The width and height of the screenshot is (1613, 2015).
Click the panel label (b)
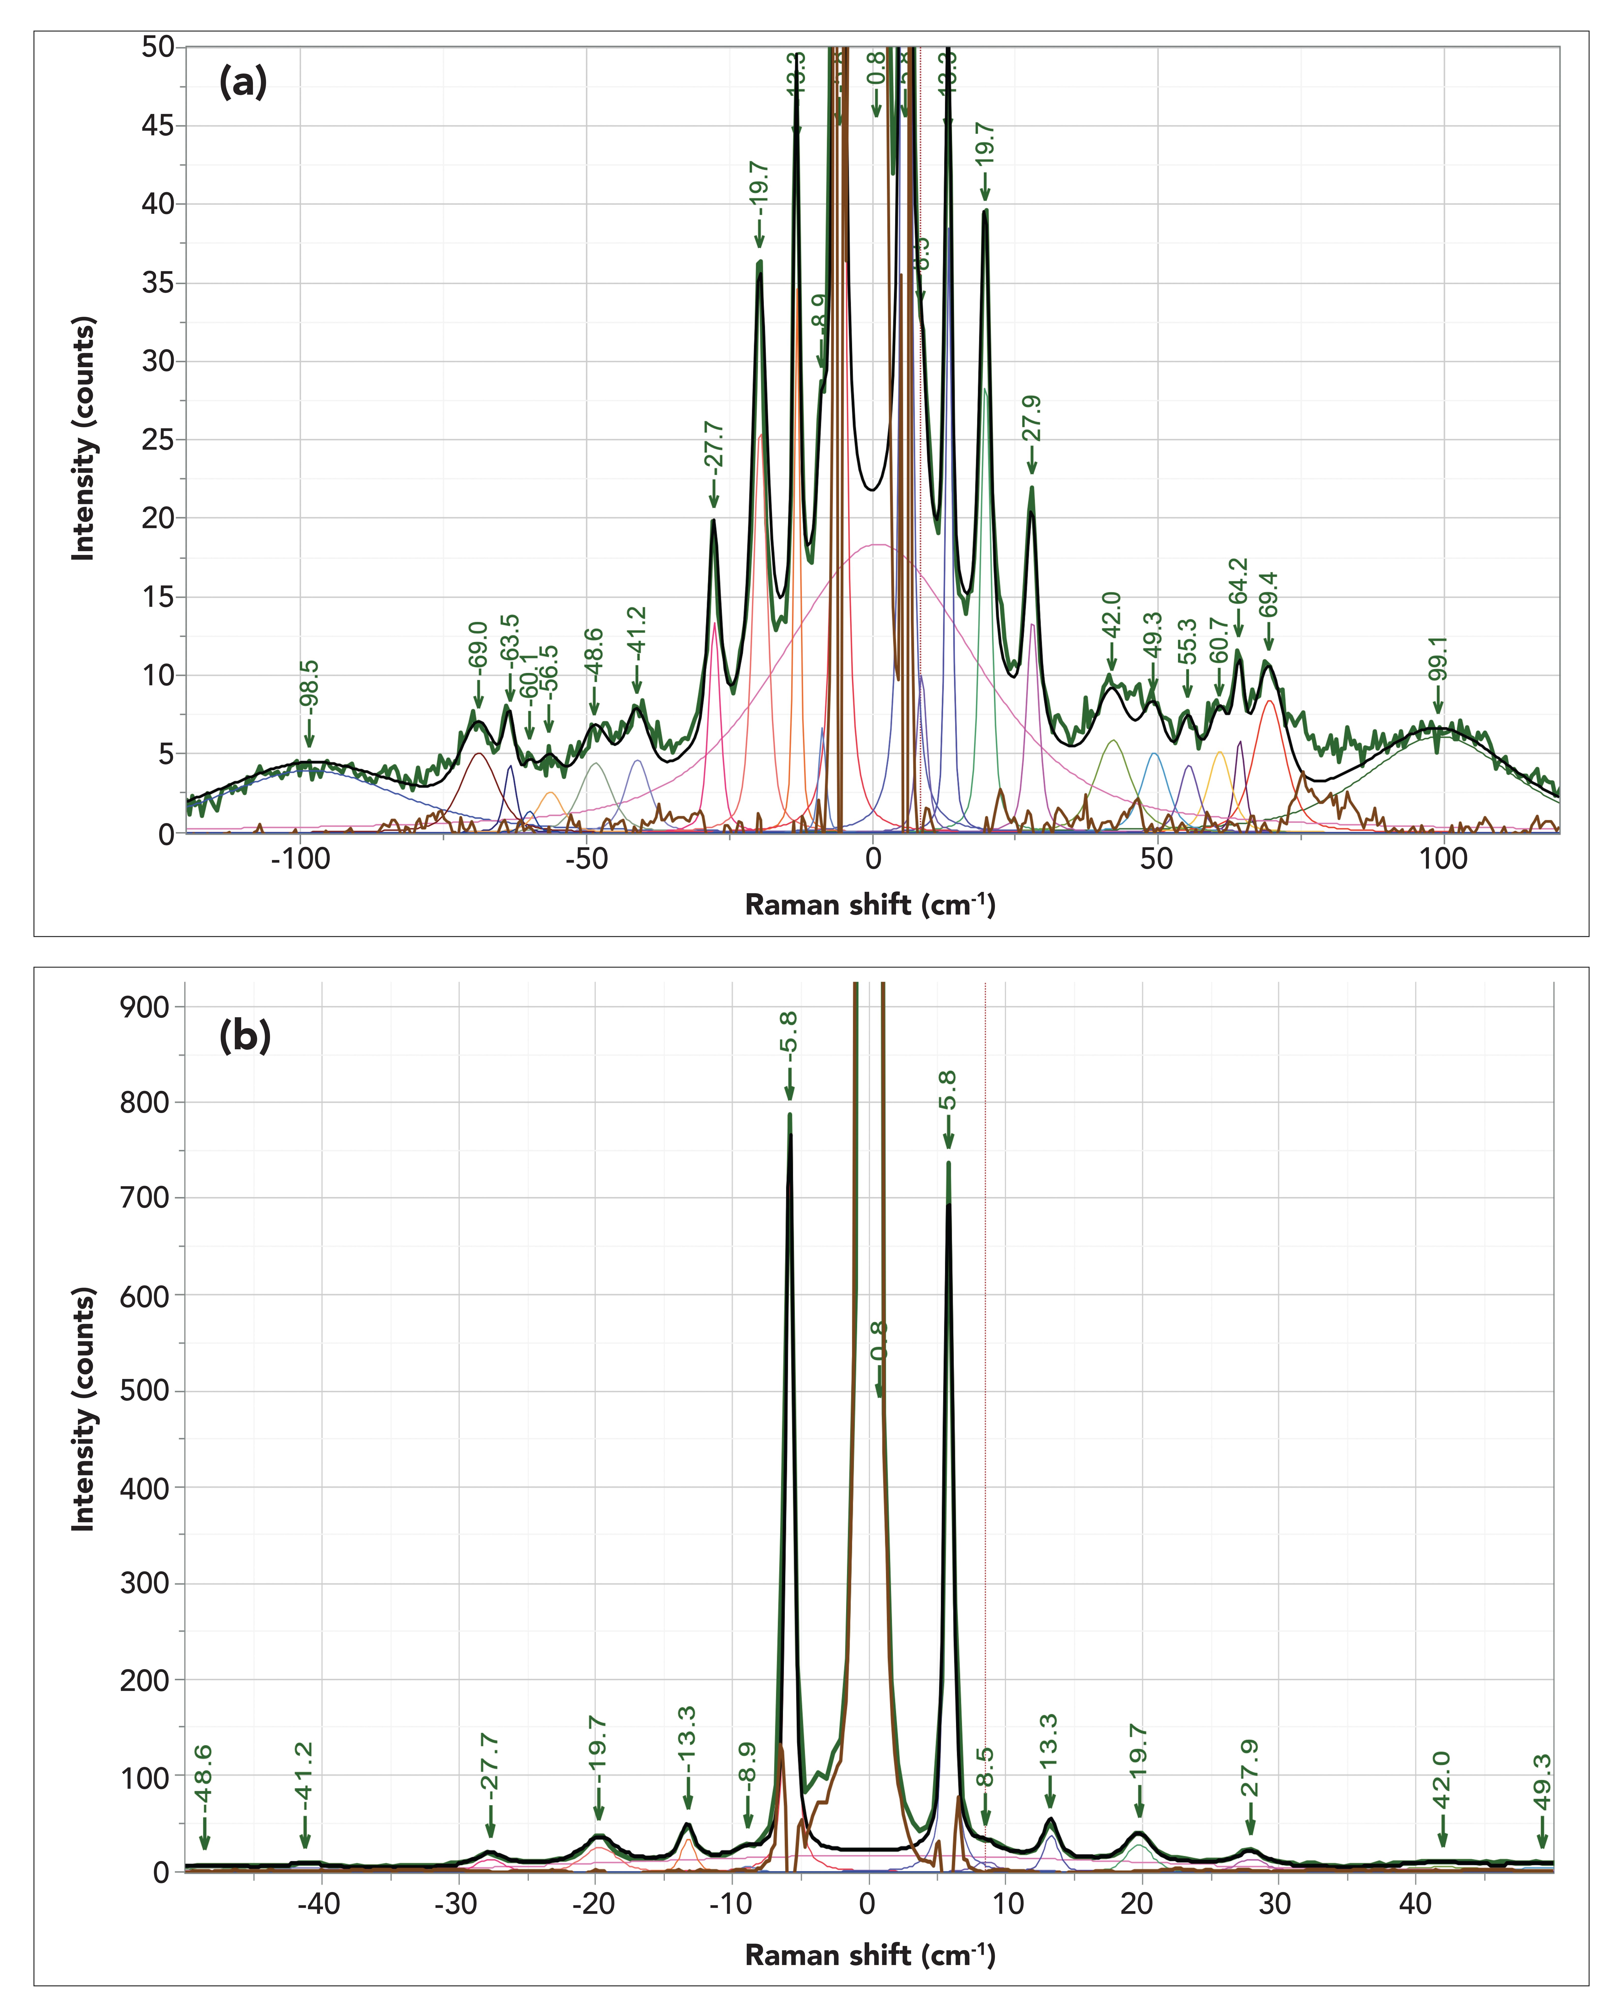[245, 1036]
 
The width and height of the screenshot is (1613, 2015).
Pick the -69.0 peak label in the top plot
[478, 645]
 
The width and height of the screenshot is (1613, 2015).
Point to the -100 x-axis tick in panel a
[300, 859]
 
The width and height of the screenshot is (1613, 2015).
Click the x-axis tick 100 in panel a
[1444, 859]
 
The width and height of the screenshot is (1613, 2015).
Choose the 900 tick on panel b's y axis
[146, 1007]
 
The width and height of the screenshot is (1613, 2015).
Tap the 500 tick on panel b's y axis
[146, 1391]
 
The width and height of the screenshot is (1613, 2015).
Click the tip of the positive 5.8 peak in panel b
[949, 1164]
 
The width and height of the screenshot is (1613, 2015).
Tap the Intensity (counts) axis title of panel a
[84, 439]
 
